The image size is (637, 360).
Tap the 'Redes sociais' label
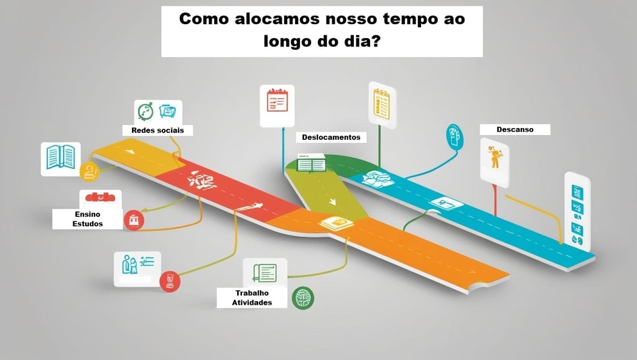coord(157,130)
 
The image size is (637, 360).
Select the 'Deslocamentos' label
coord(331,137)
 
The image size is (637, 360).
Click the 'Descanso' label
coord(514,129)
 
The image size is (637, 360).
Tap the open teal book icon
coord(60,157)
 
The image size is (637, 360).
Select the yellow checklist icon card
coord(381,102)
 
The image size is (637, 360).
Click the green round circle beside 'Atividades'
coord(303,298)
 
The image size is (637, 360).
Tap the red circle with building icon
coord(134,220)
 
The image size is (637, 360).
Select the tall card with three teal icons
coord(577,211)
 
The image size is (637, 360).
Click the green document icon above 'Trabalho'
coord(264,272)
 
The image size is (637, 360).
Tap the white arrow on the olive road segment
coord(333,201)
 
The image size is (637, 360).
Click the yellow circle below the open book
coord(91,170)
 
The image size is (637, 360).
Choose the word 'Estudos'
coord(88,224)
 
